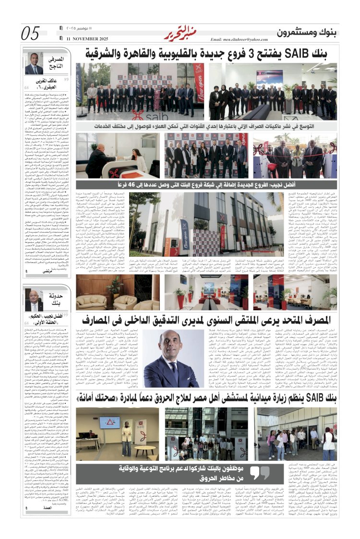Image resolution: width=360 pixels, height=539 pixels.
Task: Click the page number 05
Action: [31, 34]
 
